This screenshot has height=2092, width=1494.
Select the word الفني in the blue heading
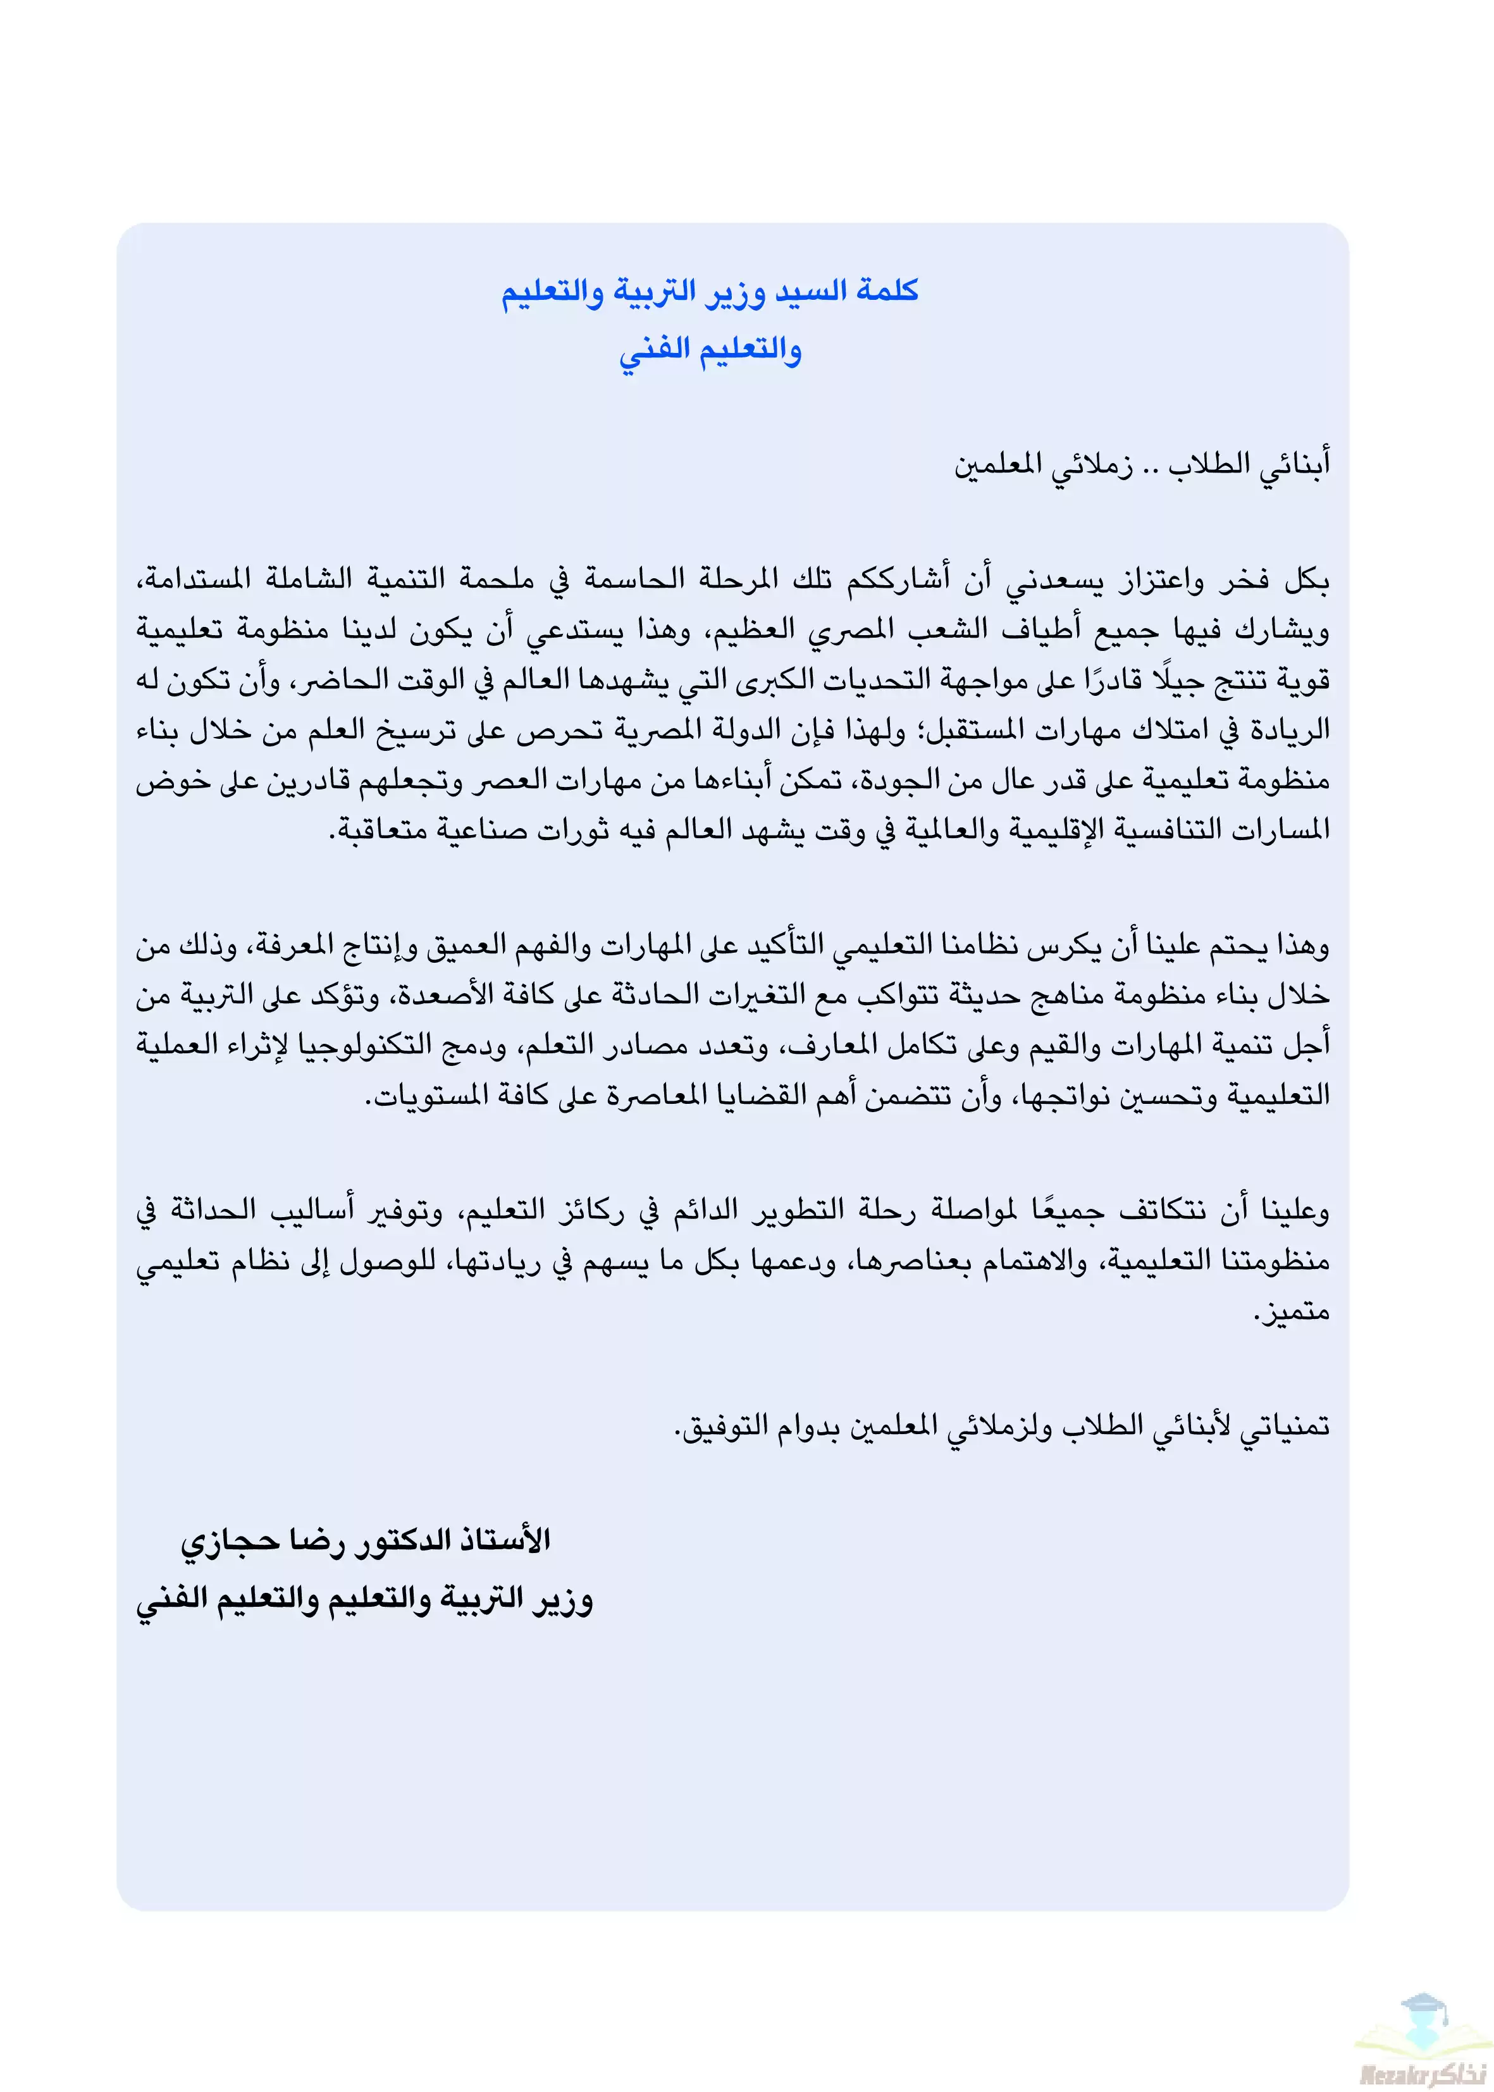point(654,350)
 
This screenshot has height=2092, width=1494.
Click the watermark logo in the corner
point(1421,2034)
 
